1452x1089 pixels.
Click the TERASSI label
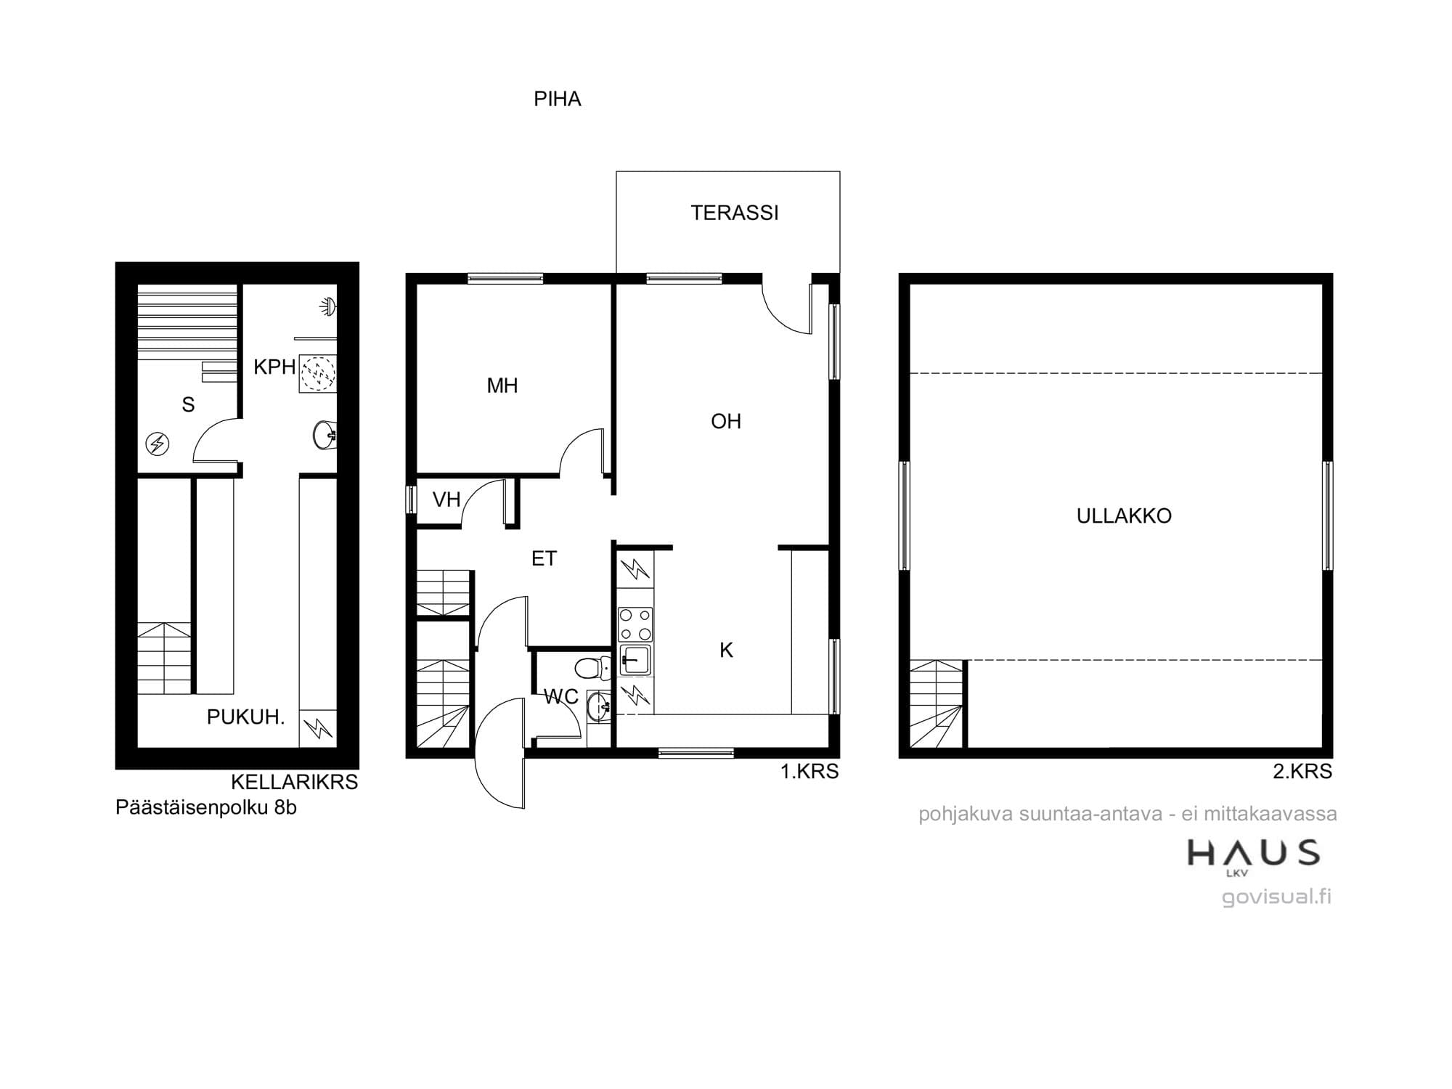pyautogui.click(x=734, y=213)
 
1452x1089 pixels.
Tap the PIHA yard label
pyautogui.click(x=557, y=99)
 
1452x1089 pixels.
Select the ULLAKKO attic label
pyautogui.click(x=1124, y=515)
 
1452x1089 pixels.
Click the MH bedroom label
pyautogui.click(x=502, y=386)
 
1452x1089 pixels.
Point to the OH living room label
pyautogui.click(x=726, y=421)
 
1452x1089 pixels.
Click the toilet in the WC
pyautogui.click(x=592, y=665)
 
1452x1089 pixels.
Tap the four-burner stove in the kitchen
pyautogui.click(x=635, y=624)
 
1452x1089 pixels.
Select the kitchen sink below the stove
pyautogui.click(x=635, y=660)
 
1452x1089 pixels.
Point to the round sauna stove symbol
pyautogui.click(x=158, y=444)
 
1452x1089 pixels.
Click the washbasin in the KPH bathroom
pyautogui.click(x=325, y=434)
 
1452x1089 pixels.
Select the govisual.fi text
pyautogui.click(x=1276, y=897)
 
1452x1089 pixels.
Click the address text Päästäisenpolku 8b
pyautogui.click(x=206, y=807)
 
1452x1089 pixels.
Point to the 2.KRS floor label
pyautogui.click(x=1302, y=771)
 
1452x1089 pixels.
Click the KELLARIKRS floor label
pyautogui.click(x=294, y=782)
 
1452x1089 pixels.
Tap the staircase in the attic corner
pyautogui.click(x=937, y=704)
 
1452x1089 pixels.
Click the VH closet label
pyautogui.click(x=446, y=499)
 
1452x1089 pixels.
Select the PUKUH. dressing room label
pyautogui.click(x=245, y=717)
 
